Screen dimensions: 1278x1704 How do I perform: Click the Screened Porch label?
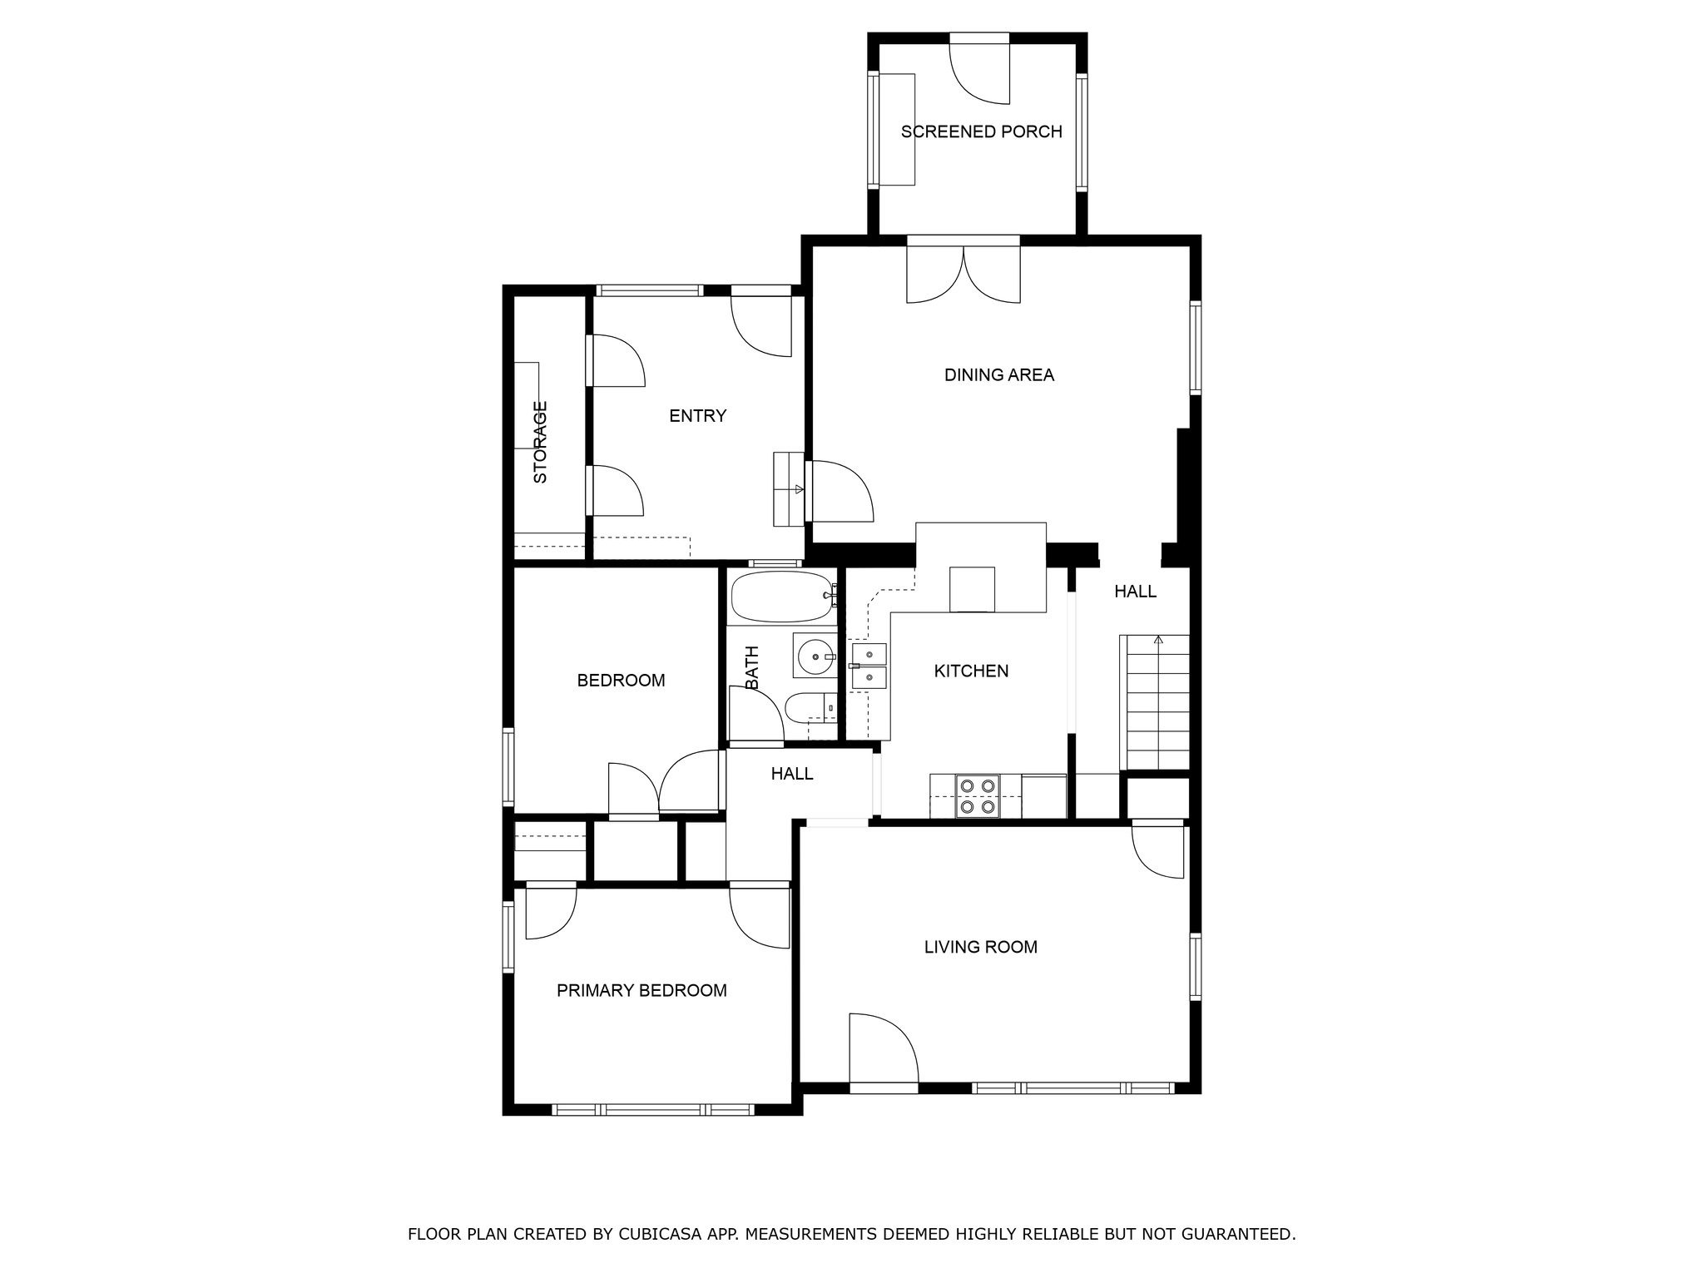point(981,131)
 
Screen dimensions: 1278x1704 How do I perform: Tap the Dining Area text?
point(998,375)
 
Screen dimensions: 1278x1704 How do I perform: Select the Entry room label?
point(697,416)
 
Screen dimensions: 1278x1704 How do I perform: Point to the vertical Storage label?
point(540,442)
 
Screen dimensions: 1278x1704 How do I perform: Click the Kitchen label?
point(970,671)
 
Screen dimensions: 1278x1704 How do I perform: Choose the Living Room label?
point(980,947)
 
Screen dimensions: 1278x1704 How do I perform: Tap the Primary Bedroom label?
point(641,990)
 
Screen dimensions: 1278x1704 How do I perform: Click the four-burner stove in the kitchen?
point(977,795)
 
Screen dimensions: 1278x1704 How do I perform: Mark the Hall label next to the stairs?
point(1135,592)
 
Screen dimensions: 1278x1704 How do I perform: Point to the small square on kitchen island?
point(972,589)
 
